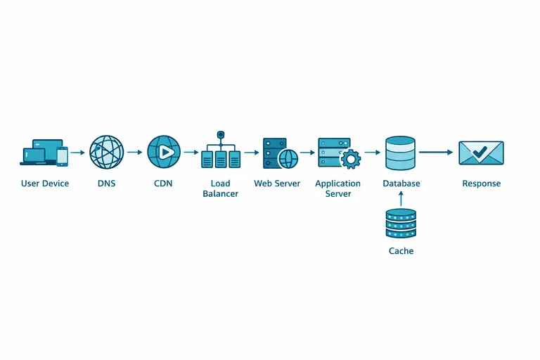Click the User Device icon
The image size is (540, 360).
[x=44, y=153]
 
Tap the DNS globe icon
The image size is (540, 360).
[x=106, y=152]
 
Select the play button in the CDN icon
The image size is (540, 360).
[x=165, y=152]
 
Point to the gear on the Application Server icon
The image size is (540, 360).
[x=349, y=159]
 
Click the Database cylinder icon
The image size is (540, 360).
[x=401, y=153]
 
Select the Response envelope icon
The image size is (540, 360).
[x=481, y=153]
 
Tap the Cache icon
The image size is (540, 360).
[x=401, y=224]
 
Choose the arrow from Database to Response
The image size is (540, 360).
[x=436, y=152]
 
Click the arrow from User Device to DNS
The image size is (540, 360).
[x=77, y=152]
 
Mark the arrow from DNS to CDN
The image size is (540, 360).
[x=134, y=152]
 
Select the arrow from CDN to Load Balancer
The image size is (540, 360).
[x=191, y=152]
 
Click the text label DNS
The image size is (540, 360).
[x=106, y=184]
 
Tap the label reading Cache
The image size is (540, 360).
[x=401, y=251]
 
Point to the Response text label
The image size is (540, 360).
[x=481, y=184]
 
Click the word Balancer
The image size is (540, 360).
[x=220, y=193]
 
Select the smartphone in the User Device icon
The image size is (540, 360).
[x=63, y=157]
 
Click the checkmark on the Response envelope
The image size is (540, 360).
[x=480, y=151]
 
